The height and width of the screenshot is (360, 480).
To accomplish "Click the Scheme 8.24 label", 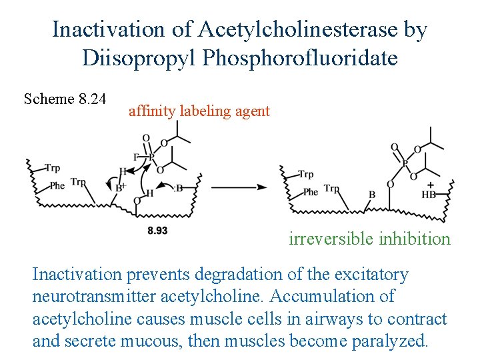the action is coord(65,99).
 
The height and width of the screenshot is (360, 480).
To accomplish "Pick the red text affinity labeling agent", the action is coord(199,111).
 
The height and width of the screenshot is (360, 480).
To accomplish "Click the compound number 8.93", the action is coord(157,230).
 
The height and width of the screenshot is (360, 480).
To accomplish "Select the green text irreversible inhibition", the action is coord(369,239).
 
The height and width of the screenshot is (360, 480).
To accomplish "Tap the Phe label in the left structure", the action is coord(57,186).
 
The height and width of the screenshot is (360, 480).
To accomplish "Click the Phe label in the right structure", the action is coord(311,192).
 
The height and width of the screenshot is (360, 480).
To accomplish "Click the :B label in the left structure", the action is coord(177,187).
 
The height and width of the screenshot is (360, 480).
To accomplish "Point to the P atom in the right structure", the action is coord(404,162).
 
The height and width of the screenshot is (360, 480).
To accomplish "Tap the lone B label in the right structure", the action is coord(372,195).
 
